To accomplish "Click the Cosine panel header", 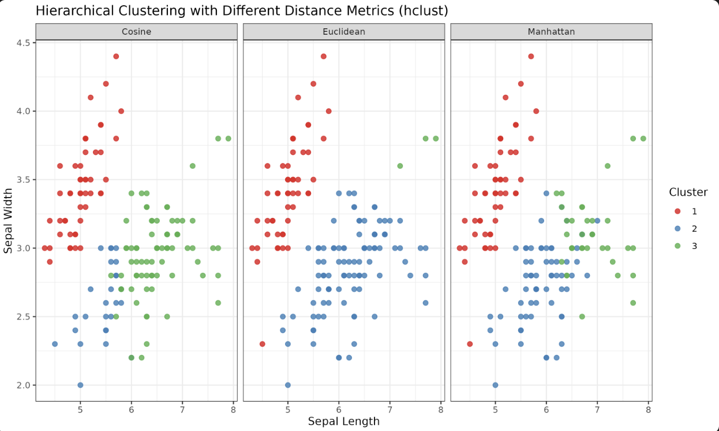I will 136,32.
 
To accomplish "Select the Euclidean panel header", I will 344,32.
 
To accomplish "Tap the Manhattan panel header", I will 551,32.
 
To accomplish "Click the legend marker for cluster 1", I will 677,211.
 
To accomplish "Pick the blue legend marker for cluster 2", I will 677,229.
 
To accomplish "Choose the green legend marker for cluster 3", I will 677,246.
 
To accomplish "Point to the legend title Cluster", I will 688,192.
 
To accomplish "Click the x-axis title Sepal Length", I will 344,421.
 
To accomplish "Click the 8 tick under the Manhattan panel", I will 649,410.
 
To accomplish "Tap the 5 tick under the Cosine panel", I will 80,410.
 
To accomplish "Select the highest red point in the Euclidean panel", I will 324,56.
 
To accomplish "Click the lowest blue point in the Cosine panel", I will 80,385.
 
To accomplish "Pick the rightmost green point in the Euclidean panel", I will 436,139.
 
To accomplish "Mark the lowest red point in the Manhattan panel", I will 470,344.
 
